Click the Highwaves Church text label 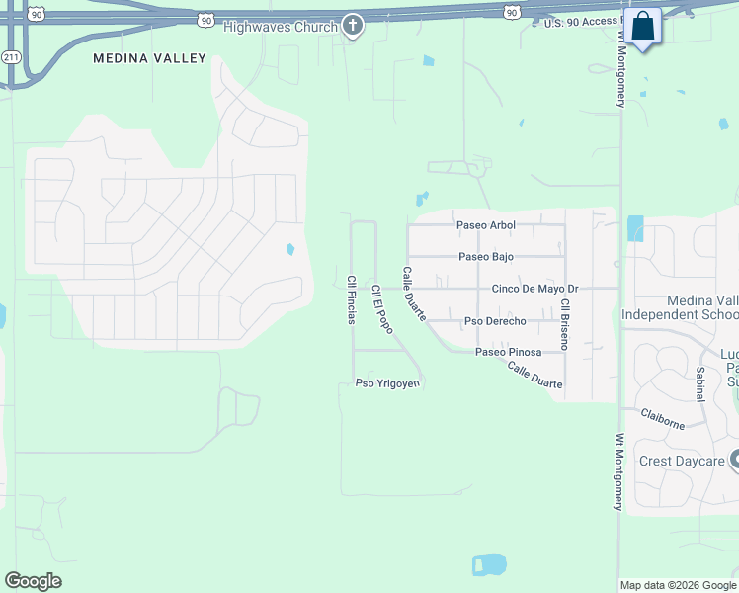point(281,27)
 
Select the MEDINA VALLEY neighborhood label point(150,58)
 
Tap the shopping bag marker point(642,26)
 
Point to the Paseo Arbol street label point(485,225)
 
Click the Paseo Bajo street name point(486,257)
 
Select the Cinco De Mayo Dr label point(534,289)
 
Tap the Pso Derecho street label point(495,321)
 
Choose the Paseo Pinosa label point(508,352)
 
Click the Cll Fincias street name point(351,299)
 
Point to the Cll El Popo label point(382,308)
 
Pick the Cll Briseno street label point(564,325)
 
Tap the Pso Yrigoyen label point(388,383)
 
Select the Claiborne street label point(662,419)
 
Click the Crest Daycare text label point(682,461)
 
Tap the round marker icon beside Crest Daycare point(734,460)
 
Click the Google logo point(34,581)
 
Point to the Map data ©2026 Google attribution point(678,585)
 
